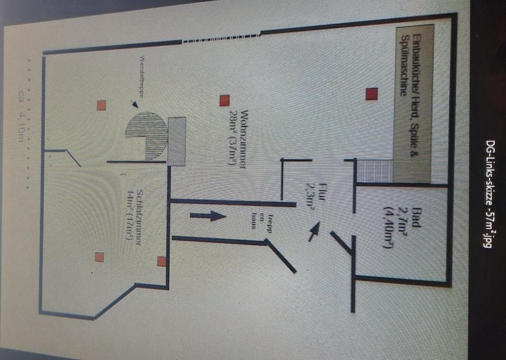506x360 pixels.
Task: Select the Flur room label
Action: (x=323, y=189)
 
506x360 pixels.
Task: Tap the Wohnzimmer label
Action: (x=244, y=139)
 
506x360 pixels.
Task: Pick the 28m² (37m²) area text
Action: (x=232, y=139)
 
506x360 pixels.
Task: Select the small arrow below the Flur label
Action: (x=314, y=230)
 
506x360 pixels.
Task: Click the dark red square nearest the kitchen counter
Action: (x=372, y=94)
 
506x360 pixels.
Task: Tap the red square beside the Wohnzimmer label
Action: (x=225, y=100)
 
